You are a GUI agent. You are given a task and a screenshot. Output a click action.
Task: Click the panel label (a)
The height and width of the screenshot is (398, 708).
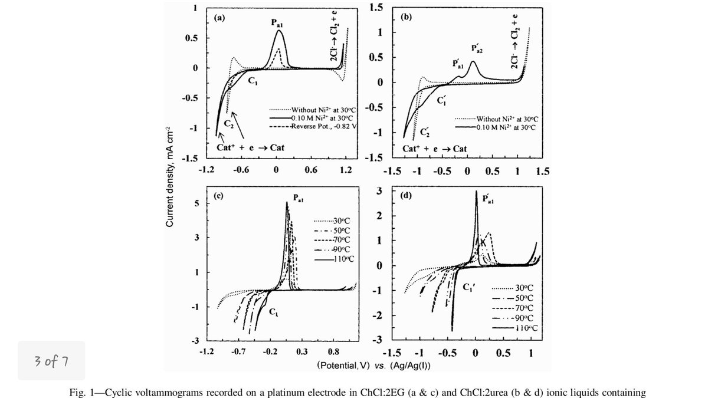pos(219,18)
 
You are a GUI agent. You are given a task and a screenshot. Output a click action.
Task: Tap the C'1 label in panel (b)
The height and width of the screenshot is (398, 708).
pos(442,101)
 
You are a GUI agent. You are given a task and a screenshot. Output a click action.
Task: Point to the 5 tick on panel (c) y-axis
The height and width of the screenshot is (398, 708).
pos(198,203)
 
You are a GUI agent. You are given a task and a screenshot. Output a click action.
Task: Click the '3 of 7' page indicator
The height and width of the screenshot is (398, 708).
pos(51,360)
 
